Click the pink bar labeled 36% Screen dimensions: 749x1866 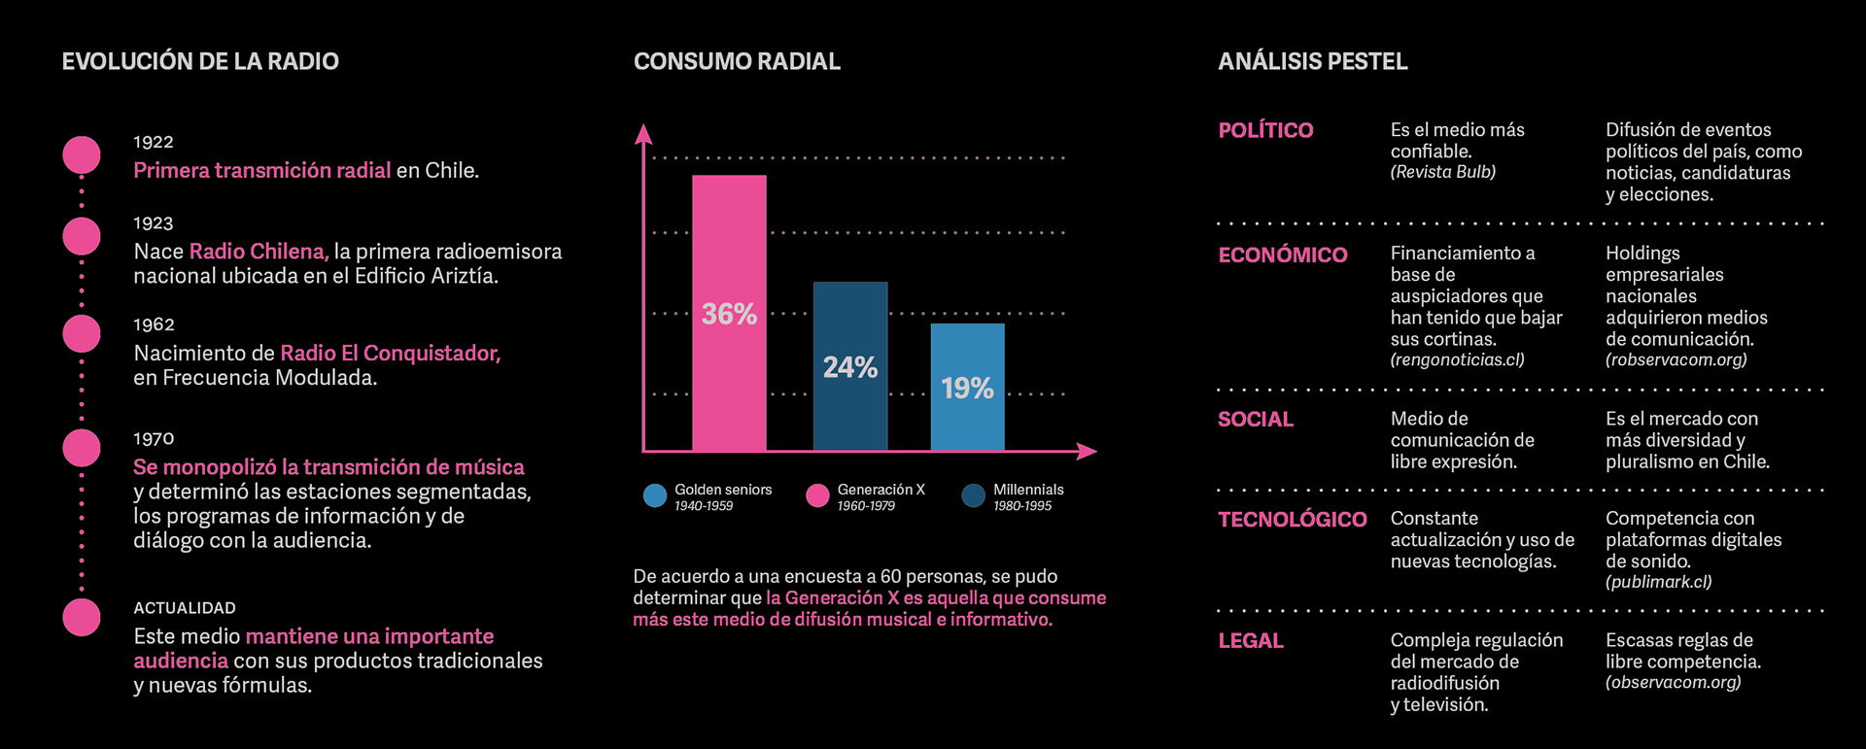729,313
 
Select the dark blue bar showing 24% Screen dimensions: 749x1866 850,366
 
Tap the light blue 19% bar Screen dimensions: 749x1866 967,388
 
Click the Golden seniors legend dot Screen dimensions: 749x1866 655,496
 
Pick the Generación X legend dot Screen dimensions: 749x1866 817,496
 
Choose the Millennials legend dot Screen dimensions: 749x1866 973,496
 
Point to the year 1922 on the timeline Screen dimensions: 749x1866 154,142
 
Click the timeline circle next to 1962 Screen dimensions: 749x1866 82,333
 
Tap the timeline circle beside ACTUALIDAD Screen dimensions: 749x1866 82,617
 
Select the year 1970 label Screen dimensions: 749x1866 154,439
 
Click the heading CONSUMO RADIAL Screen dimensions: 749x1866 737,61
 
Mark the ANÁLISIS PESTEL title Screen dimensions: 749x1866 1312,61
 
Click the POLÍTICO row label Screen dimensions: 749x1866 1265,130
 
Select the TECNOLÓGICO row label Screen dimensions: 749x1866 1293,520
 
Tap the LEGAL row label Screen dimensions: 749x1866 1251,641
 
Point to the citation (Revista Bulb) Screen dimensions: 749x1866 1442,172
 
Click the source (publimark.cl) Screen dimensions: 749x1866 1658,582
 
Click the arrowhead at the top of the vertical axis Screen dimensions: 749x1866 642,133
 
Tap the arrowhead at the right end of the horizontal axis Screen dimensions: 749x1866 1088,451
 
